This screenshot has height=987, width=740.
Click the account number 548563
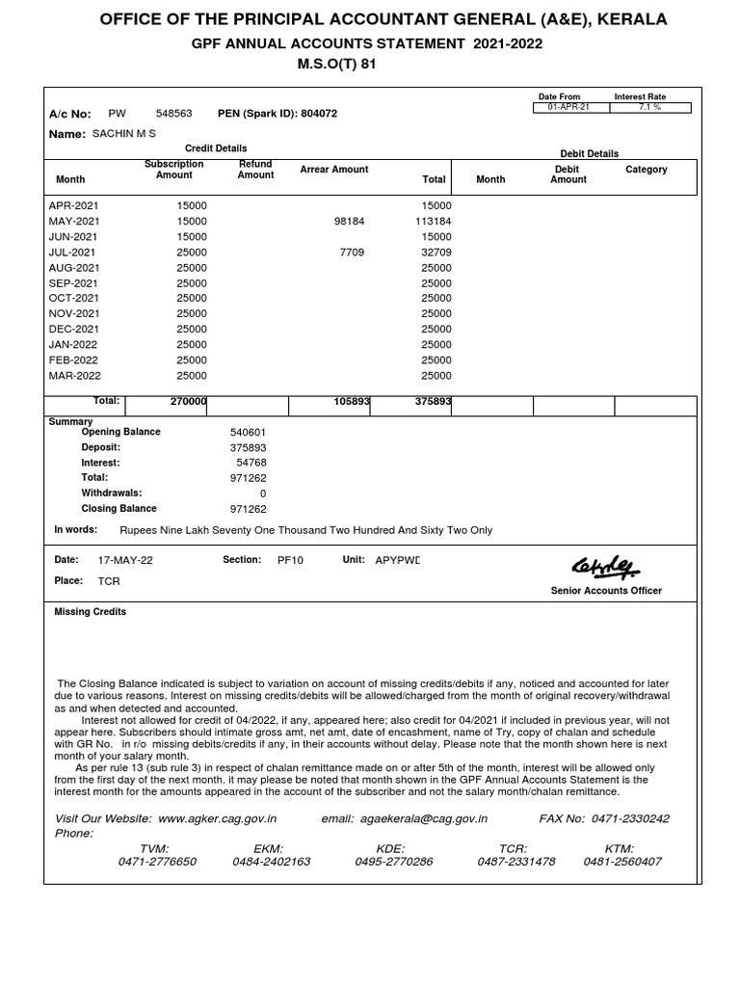tap(173, 114)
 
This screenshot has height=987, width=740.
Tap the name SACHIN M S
tap(123, 134)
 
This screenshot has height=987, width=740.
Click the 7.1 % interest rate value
tap(649, 107)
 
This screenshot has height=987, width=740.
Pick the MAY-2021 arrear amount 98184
tap(349, 222)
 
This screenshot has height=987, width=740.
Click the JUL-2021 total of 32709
tap(436, 253)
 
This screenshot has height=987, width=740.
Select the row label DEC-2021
tap(74, 330)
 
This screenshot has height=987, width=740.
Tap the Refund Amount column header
tap(255, 170)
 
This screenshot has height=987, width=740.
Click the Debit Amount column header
tap(568, 174)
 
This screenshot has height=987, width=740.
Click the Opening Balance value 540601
tap(249, 433)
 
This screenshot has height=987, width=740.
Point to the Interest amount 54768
tap(251, 464)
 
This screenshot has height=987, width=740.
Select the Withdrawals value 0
tap(263, 493)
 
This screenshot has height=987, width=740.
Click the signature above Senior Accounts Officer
tap(605, 568)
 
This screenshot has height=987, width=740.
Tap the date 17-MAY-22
tap(125, 560)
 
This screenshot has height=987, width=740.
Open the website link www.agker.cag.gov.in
tap(217, 818)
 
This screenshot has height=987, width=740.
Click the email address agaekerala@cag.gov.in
tap(424, 818)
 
